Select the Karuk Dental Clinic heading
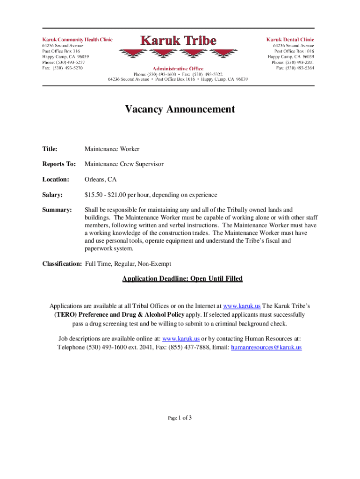[x=290, y=40]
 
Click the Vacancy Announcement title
[x=180, y=109]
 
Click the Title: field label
[x=50, y=149]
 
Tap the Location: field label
[x=56, y=179]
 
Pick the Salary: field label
[x=52, y=195]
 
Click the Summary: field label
[x=57, y=210]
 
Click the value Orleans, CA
[x=101, y=179]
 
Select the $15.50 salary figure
[x=94, y=195]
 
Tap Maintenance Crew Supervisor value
[x=124, y=164]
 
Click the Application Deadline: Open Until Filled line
[x=182, y=279]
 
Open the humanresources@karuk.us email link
[x=266, y=348]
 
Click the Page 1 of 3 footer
[x=180, y=418]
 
